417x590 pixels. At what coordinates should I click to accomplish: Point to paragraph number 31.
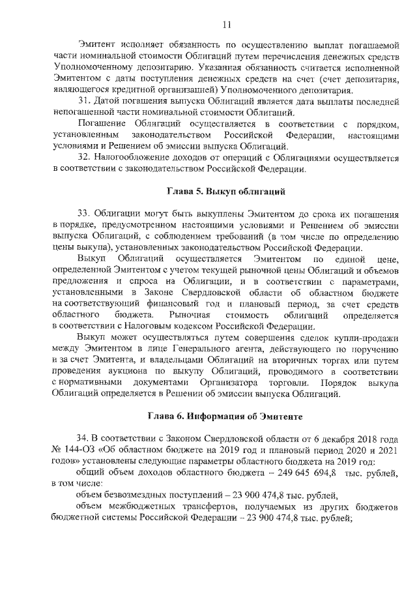(x=84, y=102)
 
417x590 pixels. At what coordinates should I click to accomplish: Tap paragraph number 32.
(x=84, y=158)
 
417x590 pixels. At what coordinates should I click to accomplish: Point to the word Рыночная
(x=190, y=315)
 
